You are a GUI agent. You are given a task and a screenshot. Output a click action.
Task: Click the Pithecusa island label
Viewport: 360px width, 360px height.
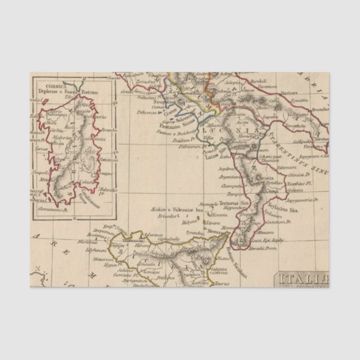[147, 112]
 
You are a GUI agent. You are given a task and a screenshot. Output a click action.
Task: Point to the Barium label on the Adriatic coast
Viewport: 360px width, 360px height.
[288, 93]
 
